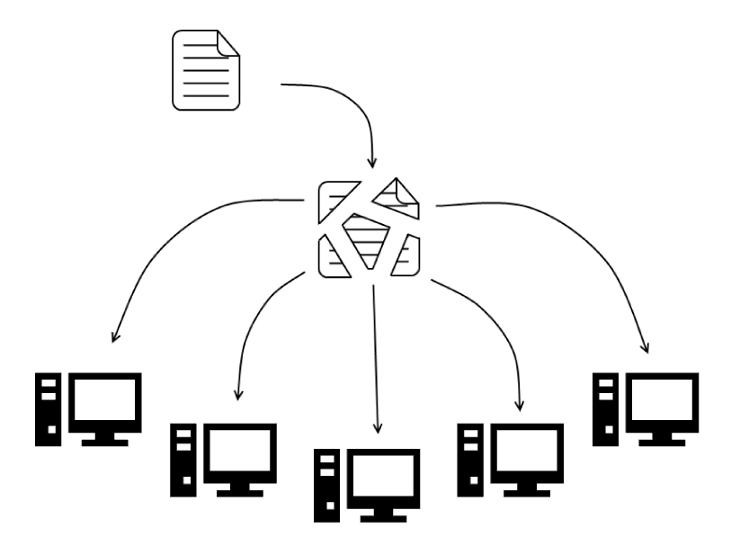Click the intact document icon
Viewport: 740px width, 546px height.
tap(206, 69)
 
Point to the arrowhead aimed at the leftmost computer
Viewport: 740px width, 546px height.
tap(113, 338)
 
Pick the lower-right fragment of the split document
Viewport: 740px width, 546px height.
tap(406, 255)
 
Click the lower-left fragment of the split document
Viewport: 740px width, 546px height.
tap(335, 258)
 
